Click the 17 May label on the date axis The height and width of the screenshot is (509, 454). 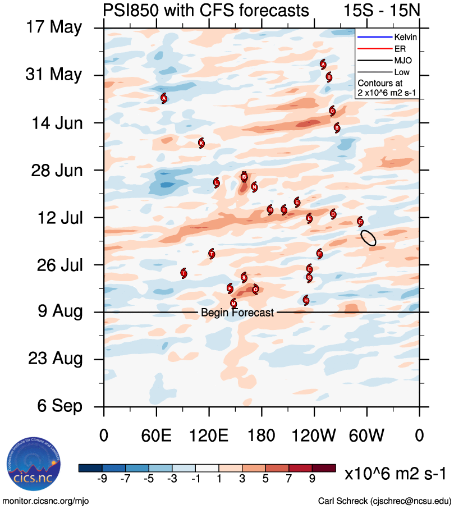(x=54, y=27)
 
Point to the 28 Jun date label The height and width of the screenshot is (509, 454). (x=54, y=170)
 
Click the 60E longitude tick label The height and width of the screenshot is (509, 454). (x=156, y=435)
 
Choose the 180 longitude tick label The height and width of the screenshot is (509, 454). (x=261, y=435)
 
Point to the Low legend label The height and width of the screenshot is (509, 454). (x=402, y=72)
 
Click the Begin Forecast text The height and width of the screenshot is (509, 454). (x=237, y=313)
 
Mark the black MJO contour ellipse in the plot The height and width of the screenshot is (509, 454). (x=368, y=237)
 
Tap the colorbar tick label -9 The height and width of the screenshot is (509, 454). (x=102, y=479)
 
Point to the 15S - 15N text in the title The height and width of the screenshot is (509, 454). (x=381, y=11)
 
